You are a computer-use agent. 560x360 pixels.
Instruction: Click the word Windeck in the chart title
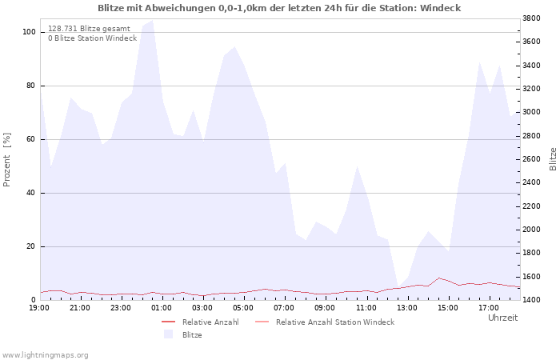pyautogui.click(x=440, y=8)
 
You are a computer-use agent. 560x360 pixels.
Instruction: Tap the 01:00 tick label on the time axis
pyautogui.click(x=162, y=308)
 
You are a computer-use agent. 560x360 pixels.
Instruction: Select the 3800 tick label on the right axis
pyautogui.click(x=531, y=18)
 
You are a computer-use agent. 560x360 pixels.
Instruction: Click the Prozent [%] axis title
pyautogui.click(x=6, y=160)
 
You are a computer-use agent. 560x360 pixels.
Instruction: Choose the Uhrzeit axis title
pyautogui.click(x=502, y=318)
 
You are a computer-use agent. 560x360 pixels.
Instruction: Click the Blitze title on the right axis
pyautogui.click(x=553, y=159)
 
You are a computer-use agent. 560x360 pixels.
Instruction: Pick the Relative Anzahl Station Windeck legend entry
pyautogui.click(x=325, y=322)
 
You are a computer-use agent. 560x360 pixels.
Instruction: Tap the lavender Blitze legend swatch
pyautogui.click(x=168, y=334)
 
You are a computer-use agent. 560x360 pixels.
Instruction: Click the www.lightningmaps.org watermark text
pyautogui.click(x=45, y=355)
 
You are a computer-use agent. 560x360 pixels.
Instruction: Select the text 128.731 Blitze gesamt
pyautogui.click(x=89, y=29)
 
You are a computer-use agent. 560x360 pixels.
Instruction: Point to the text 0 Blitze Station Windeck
pyautogui.click(x=93, y=38)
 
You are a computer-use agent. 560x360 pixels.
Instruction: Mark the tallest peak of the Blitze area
pyautogui.click(x=153, y=20)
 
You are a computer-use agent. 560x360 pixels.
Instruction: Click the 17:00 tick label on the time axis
pyautogui.click(x=489, y=308)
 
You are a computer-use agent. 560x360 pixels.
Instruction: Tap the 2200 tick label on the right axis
pyautogui.click(x=531, y=206)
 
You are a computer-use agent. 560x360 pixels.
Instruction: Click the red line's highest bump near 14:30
pyautogui.click(x=438, y=278)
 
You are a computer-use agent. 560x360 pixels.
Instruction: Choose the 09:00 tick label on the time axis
pyautogui.click(x=325, y=308)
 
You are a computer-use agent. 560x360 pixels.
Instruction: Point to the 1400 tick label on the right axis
pyautogui.click(x=531, y=300)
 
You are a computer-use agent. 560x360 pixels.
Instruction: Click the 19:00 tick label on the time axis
pyautogui.click(x=39, y=308)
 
